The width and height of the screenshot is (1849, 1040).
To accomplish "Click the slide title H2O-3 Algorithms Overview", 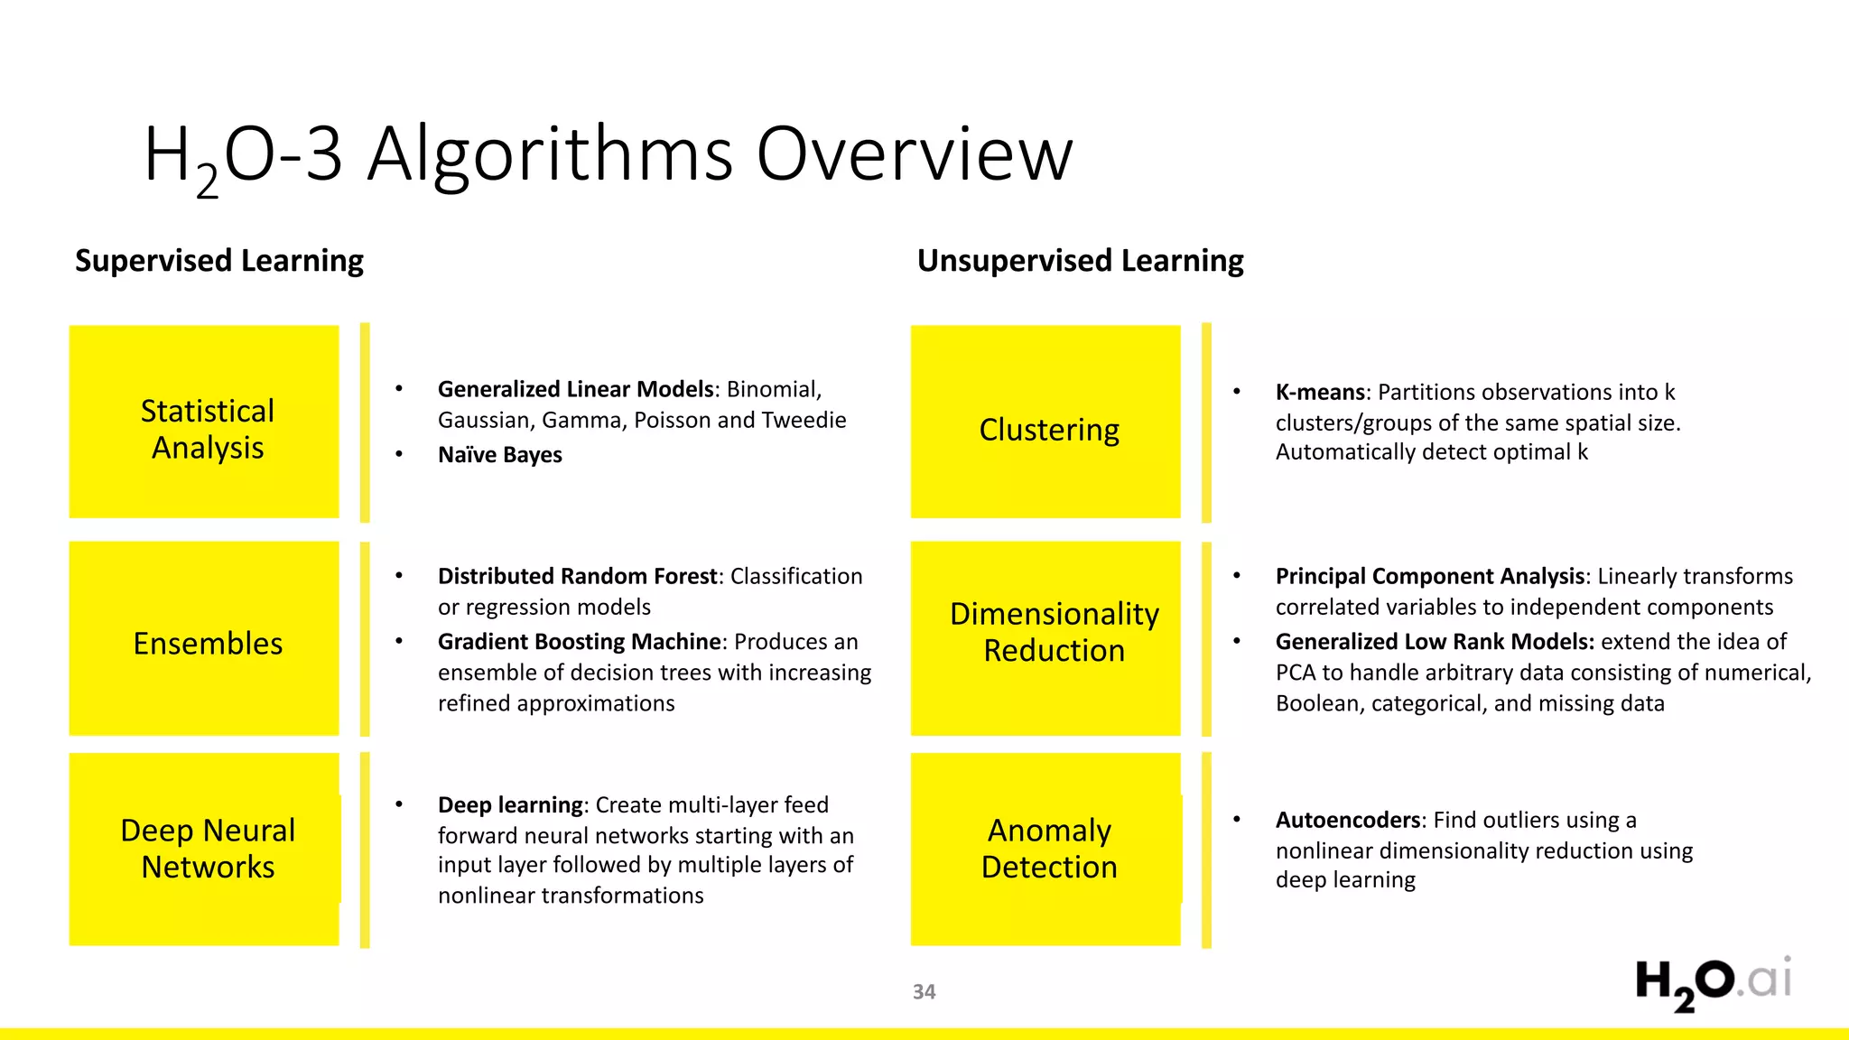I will (608, 155).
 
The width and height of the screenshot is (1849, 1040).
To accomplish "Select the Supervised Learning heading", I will (219, 261).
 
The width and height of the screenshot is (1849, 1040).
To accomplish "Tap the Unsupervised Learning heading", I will (1080, 261).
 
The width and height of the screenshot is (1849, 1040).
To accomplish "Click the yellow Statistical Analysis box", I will (205, 422).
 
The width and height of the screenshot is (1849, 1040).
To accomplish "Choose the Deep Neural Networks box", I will (205, 849).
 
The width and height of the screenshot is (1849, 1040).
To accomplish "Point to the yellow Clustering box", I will (1046, 422).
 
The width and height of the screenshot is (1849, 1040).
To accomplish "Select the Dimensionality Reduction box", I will (1046, 638).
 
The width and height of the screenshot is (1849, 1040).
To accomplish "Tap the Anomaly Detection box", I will (1046, 849).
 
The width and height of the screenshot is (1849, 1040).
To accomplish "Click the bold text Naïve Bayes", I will (499, 455).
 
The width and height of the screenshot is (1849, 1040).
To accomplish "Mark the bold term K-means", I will (1320, 393).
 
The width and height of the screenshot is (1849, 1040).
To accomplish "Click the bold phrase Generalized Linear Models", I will (576, 389).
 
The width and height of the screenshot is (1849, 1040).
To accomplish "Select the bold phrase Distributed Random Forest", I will (578, 576).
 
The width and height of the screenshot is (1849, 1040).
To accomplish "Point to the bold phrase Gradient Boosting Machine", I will (580, 642).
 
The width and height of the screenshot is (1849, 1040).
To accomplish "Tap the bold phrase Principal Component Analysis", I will (1430, 576).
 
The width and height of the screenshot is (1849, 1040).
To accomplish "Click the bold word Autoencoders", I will (1348, 820).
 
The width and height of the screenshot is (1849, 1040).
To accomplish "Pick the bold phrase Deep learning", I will (511, 804).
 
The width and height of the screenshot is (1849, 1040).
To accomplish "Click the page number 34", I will (924, 992).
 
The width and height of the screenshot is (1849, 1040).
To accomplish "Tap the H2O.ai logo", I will (1713, 983).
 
